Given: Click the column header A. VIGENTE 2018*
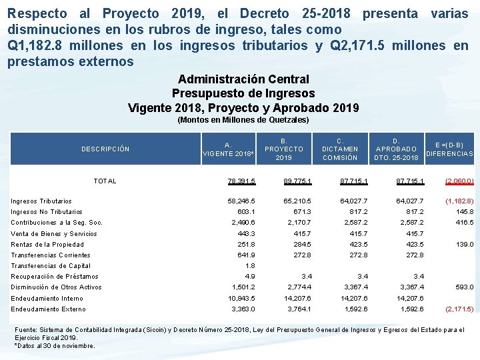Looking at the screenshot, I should [229, 149].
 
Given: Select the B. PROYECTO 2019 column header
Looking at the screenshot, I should [284, 149].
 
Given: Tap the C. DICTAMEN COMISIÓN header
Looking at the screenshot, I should [340, 149].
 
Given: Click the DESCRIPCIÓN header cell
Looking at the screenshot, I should [105, 149].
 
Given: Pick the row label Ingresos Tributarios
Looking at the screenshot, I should [41, 201].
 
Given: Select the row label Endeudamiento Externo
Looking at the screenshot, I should [48, 309].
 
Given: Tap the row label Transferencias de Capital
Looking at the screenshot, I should [51, 266].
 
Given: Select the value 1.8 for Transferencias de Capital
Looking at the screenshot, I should [251, 266].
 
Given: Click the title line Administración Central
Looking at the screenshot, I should [243, 79].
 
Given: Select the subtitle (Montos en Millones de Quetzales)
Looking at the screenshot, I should [243, 120].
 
